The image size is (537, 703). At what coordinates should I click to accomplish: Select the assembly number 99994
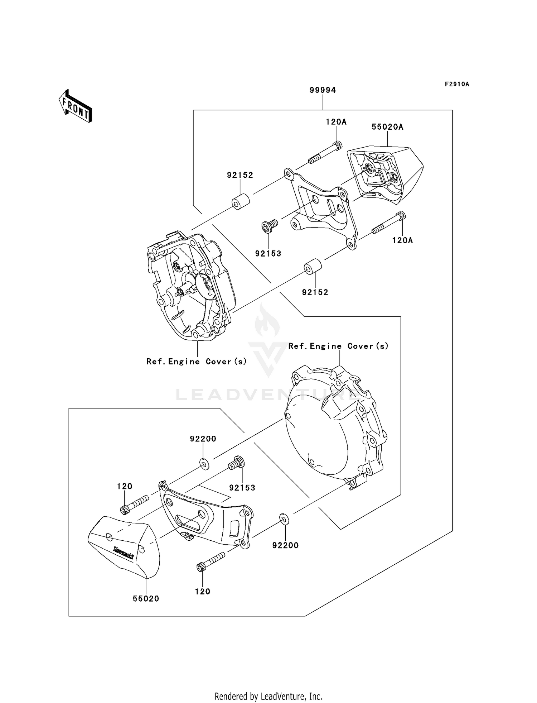tap(323, 90)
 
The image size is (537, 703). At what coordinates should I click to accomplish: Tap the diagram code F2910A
tap(457, 85)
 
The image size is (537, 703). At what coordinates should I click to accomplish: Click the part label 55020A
tap(387, 127)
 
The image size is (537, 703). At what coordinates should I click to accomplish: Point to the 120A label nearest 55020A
tap(336, 122)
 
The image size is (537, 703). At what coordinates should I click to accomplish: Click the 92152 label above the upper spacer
tap(240, 175)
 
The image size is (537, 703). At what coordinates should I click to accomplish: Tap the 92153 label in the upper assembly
tap(268, 254)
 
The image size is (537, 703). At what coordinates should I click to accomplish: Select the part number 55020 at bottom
tap(146, 599)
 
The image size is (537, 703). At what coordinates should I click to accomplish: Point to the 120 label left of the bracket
tap(125, 487)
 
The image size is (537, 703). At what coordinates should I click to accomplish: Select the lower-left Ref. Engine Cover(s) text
tap(197, 362)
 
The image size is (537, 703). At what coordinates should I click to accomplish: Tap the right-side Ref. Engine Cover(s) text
tap(338, 346)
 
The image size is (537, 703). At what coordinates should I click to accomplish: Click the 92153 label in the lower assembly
tap(242, 488)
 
